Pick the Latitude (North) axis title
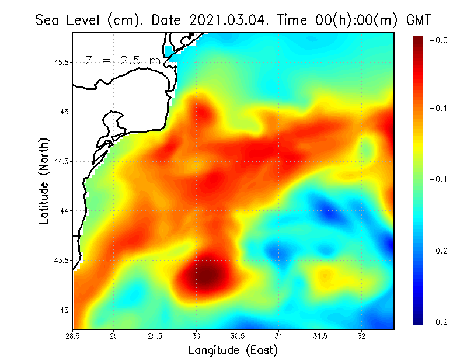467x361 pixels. (44, 180)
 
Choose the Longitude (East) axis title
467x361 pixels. (233, 350)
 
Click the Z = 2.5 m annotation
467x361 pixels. (123, 60)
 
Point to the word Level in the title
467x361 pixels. (85, 20)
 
